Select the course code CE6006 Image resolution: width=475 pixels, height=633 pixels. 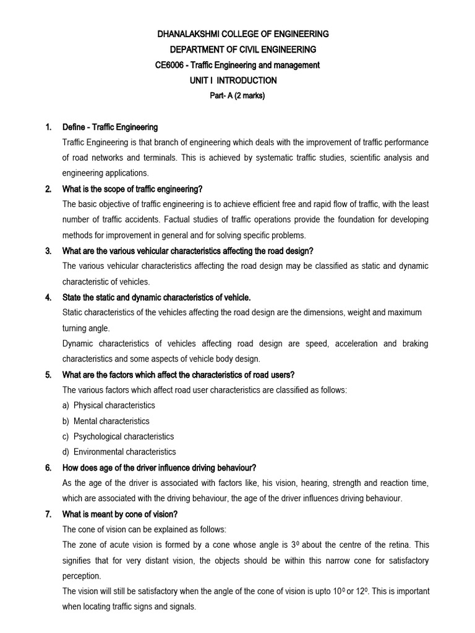click(170, 65)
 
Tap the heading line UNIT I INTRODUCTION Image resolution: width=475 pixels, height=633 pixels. click(233, 80)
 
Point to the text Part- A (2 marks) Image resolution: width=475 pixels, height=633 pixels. click(237, 96)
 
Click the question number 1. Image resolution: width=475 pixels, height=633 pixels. click(48, 127)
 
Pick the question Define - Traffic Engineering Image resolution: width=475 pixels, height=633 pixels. click(110, 127)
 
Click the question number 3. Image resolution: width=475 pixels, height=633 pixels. click(48, 251)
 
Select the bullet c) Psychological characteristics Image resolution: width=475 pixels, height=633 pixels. click(118, 436)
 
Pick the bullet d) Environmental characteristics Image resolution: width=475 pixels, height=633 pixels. click(119, 452)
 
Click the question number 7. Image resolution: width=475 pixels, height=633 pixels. click(48, 514)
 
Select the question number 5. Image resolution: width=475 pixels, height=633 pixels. click(48, 375)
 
